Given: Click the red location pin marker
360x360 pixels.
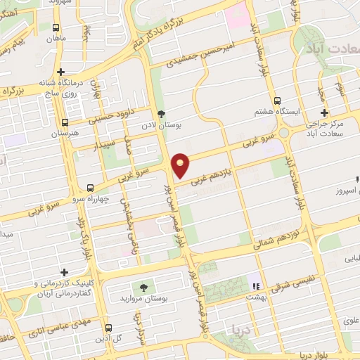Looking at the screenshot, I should click(181, 165).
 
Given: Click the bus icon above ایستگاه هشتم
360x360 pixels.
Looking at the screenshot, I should click(278, 100).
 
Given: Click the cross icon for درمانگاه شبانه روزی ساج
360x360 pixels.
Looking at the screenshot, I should click(62, 72).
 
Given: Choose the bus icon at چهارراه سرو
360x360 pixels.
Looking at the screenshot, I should click(91, 188).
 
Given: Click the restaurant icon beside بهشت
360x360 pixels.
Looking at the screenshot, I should click(255, 285).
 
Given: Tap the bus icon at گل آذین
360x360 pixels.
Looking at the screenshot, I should click(108, 328).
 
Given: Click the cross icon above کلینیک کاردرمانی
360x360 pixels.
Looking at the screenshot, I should click(65, 272).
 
